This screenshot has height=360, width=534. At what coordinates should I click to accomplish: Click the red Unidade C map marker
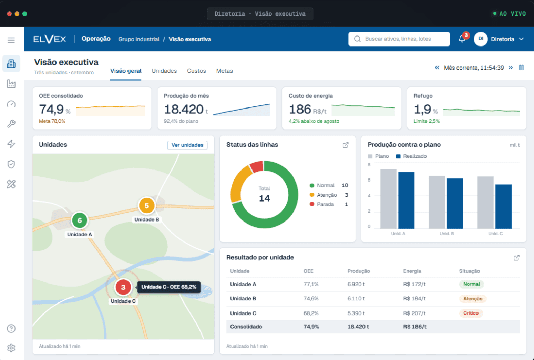[x=123, y=287]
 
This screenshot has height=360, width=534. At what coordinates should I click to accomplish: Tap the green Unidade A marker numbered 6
[x=80, y=220]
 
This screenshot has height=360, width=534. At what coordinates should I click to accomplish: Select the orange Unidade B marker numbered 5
[x=147, y=206]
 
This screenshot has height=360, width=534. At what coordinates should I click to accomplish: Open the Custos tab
[x=196, y=71]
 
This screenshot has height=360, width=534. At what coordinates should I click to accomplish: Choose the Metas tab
[x=224, y=71]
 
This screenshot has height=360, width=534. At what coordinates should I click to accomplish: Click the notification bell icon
[x=462, y=39]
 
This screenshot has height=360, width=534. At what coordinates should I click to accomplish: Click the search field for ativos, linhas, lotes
[x=399, y=39]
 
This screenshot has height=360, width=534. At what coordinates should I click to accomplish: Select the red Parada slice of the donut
[x=257, y=166]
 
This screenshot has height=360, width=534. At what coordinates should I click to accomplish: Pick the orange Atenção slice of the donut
[x=239, y=184]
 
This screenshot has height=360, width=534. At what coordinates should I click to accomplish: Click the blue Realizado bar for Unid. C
[x=503, y=206]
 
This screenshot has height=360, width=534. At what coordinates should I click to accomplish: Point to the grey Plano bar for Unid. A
[x=388, y=199]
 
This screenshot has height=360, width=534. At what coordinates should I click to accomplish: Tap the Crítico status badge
[x=471, y=313]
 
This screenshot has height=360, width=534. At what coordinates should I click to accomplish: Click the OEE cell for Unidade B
[x=311, y=299]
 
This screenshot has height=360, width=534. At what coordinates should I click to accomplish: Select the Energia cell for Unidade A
[x=414, y=284]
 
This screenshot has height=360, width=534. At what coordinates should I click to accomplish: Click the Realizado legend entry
[x=411, y=156]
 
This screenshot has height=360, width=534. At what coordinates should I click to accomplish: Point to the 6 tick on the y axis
[x=369, y=180]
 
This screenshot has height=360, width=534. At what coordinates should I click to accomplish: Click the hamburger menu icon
[x=11, y=40]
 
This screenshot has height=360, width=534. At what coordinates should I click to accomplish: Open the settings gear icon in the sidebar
[x=11, y=348]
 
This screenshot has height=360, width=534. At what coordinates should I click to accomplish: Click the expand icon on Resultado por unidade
[x=516, y=258]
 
